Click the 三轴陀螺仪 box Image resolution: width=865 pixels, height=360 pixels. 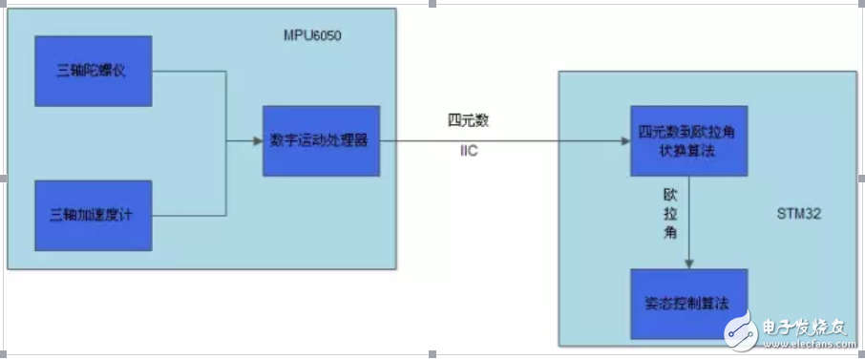pyautogui.click(x=93, y=72)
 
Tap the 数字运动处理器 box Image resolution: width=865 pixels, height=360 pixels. pyautogui.click(x=322, y=141)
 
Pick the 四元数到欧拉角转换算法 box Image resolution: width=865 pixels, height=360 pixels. pyautogui.click(x=687, y=141)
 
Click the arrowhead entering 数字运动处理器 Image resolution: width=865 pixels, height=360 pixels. pyautogui.click(x=257, y=141)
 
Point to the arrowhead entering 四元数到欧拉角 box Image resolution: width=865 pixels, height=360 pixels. pyautogui.click(x=622, y=141)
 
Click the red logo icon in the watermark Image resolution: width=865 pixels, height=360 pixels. pyautogui.click(x=739, y=332)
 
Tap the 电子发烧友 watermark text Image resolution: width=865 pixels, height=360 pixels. pyautogui.click(x=806, y=327)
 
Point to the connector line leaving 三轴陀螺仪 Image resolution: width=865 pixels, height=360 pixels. pyautogui.click(x=191, y=72)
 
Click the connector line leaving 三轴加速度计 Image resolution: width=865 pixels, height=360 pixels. pyautogui.click(x=191, y=212)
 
